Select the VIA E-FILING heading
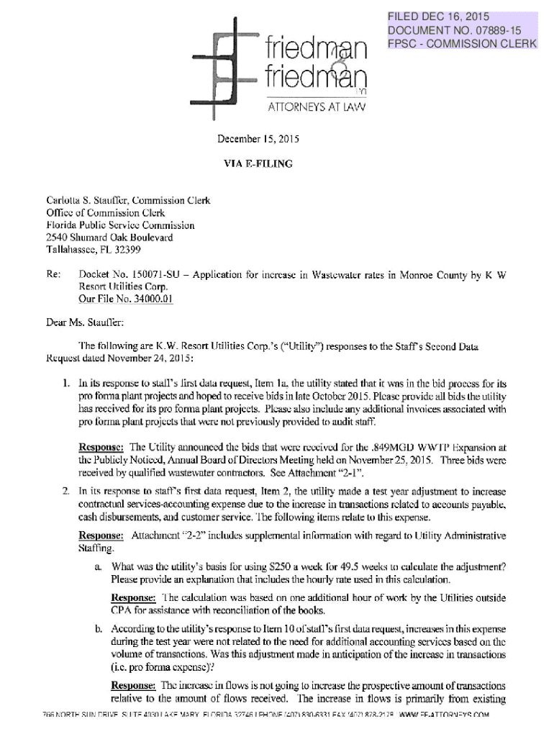[x=258, y=164]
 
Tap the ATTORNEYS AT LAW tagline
[x=317, y=107]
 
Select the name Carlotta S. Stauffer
[x=86, y=201]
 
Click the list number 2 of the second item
[x=65, y=492]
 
